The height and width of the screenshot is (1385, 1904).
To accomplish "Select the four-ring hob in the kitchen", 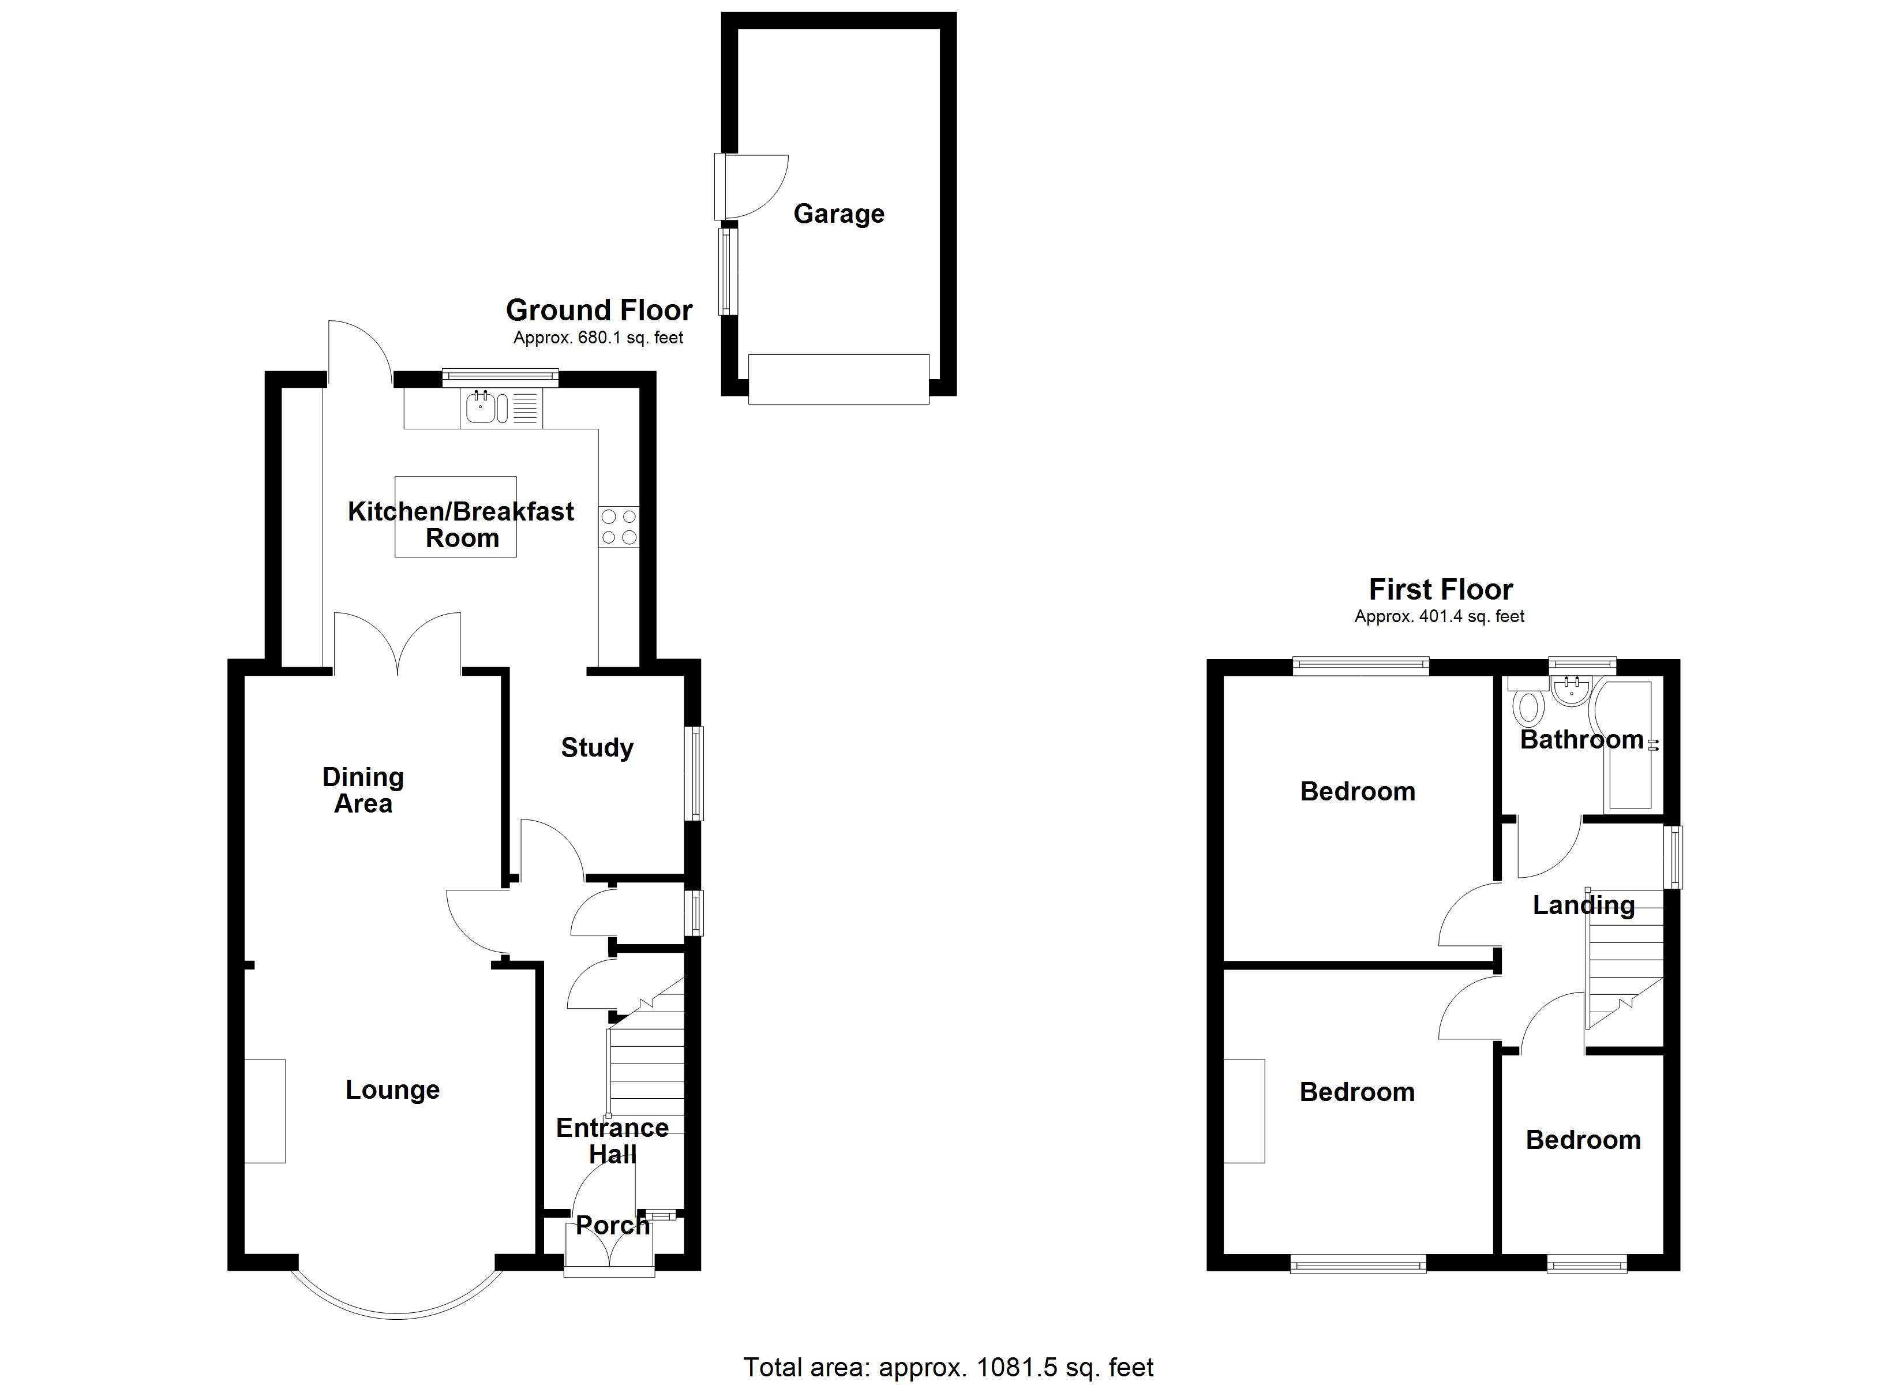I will tap(619, 527).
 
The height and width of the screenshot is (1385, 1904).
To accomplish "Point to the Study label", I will tap(597, 747).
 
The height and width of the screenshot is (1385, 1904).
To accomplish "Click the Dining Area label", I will tap(363, 791).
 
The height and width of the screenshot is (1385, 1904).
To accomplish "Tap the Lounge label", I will tap(392, 1090).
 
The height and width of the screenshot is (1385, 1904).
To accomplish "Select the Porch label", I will tap(612, 1225).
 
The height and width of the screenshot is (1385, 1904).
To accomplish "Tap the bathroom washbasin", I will tap(1568, 691).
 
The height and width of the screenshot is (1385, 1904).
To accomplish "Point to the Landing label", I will tap(1583, 905).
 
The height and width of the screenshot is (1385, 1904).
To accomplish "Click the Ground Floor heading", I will tap(598, 311).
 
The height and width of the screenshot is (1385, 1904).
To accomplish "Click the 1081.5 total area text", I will tap(948, 1367).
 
